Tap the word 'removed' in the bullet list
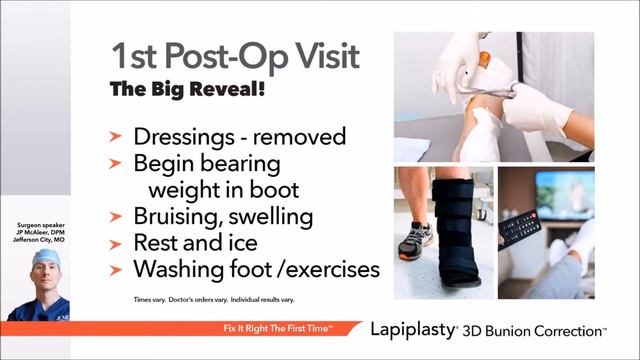click(300, 137)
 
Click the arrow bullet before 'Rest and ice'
click(117, 244)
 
